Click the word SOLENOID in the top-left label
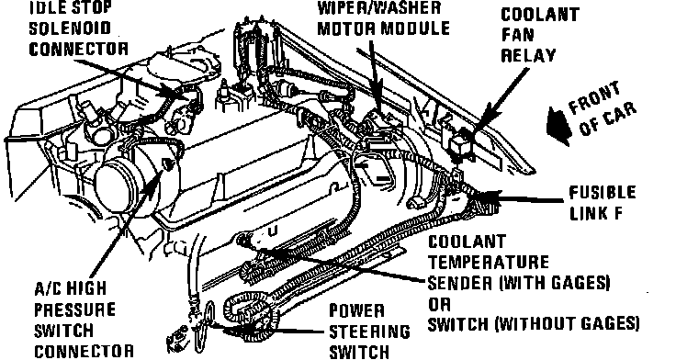[x=70, y=28]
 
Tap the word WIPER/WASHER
[x=379, y=7]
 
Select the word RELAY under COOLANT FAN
[x=528, y=56]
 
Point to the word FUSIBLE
[x=603, y=193]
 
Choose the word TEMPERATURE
[x=489, y=262]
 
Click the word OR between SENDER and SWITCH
[x=439, y=304]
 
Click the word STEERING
[x=369, y=332]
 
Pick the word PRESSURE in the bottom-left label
[x=74, y=309]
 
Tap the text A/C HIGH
[x=71, y=288]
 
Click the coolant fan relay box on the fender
[x=461, y=141]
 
